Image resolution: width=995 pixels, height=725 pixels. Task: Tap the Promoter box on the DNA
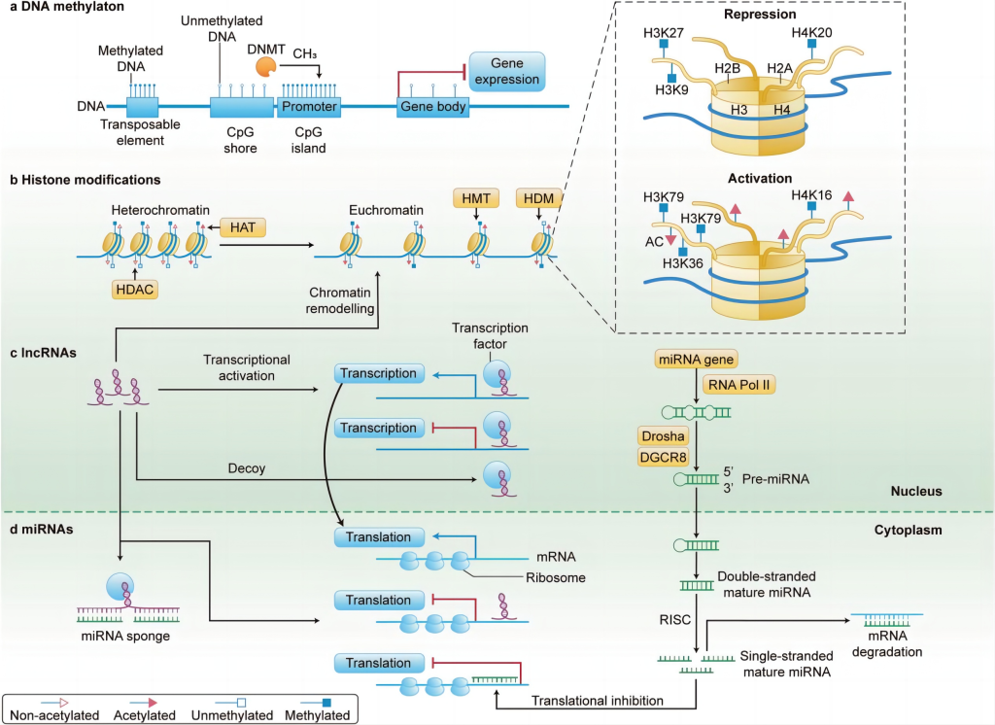(x=309, y=107)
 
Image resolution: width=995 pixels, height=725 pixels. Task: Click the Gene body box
(x=432, y=107)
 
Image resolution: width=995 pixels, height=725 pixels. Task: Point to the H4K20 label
(x=812, y=33)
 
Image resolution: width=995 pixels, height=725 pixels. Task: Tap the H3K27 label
(x=665, y=33)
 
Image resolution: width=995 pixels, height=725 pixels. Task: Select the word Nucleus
(x=916, y=492)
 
